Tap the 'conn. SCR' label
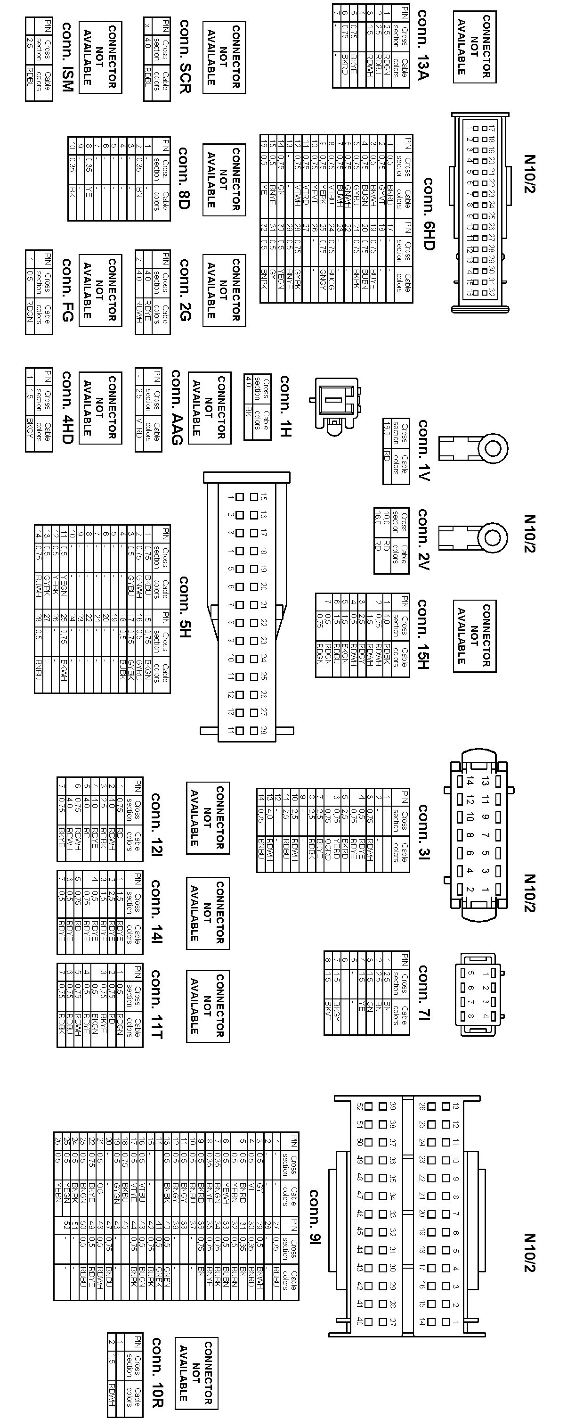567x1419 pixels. [x=185, y=56]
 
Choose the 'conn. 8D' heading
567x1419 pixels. [x=183, y=178]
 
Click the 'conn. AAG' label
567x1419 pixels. [x=176, y=407]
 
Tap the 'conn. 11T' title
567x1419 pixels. [x=156, y=1004]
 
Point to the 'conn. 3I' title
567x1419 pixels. [x=423, y=831]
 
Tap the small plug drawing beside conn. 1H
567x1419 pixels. [x=336, y=403]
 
